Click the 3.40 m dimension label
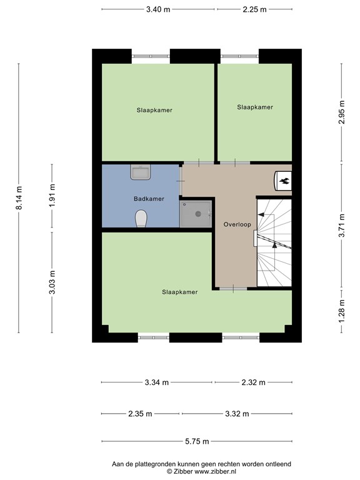pos(158,9)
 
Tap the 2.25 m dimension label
pos(254,9)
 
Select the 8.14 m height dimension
pos(19,197)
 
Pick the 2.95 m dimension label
pos(341,112)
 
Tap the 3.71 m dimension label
pos(341,226)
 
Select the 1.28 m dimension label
pos(341,311)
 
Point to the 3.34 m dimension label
pos(156,382)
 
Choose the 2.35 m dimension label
pos(140,414)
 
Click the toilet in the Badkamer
pos(141,218)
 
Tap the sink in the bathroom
pos(139,172)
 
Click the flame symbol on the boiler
pos(283,181)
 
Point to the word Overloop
pos(236,224)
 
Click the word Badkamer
pos(149,199)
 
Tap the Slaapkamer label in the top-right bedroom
pos(255,107)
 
